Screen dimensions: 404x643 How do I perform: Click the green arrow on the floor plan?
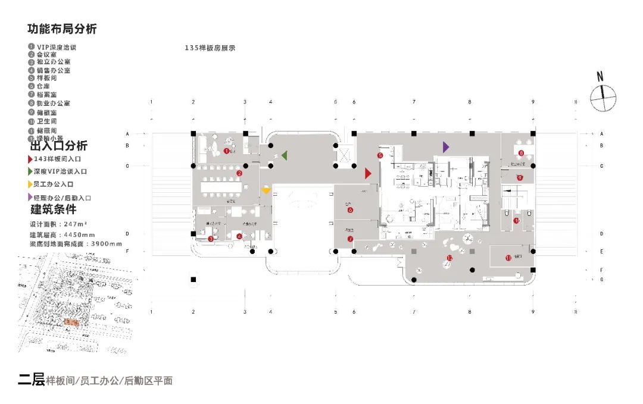285,155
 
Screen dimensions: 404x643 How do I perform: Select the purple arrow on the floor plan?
446,146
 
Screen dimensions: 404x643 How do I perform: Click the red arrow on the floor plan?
368,173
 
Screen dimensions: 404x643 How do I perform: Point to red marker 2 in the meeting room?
239,173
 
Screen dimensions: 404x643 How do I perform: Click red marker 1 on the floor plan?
226,151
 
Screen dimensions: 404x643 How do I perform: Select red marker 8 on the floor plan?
521,154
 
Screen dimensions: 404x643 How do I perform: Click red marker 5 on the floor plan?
379,156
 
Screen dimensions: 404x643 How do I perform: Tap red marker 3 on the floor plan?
211,239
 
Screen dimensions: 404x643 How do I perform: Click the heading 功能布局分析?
62,29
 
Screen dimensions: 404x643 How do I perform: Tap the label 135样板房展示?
210,48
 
